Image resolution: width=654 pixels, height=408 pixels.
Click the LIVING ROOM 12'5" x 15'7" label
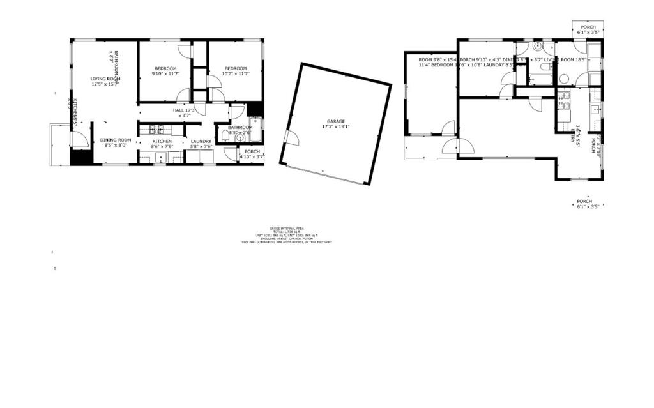[x=105, y=81]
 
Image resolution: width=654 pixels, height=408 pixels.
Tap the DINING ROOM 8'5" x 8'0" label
[x=116, y=143]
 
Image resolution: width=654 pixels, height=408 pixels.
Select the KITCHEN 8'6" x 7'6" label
[x=162, y=144]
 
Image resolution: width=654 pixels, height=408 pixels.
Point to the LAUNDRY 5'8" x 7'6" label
[x=201, y=144]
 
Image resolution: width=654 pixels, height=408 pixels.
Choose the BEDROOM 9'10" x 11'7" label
[x=165, y=71]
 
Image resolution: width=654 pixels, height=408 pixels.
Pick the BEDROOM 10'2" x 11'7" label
[x=235, y=71]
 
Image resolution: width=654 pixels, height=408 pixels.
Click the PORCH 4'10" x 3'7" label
[x=250, y=154]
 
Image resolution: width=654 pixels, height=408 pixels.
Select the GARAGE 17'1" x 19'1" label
[x=336, y=124]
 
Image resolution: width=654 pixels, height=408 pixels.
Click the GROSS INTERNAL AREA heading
[x=287, y=228]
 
